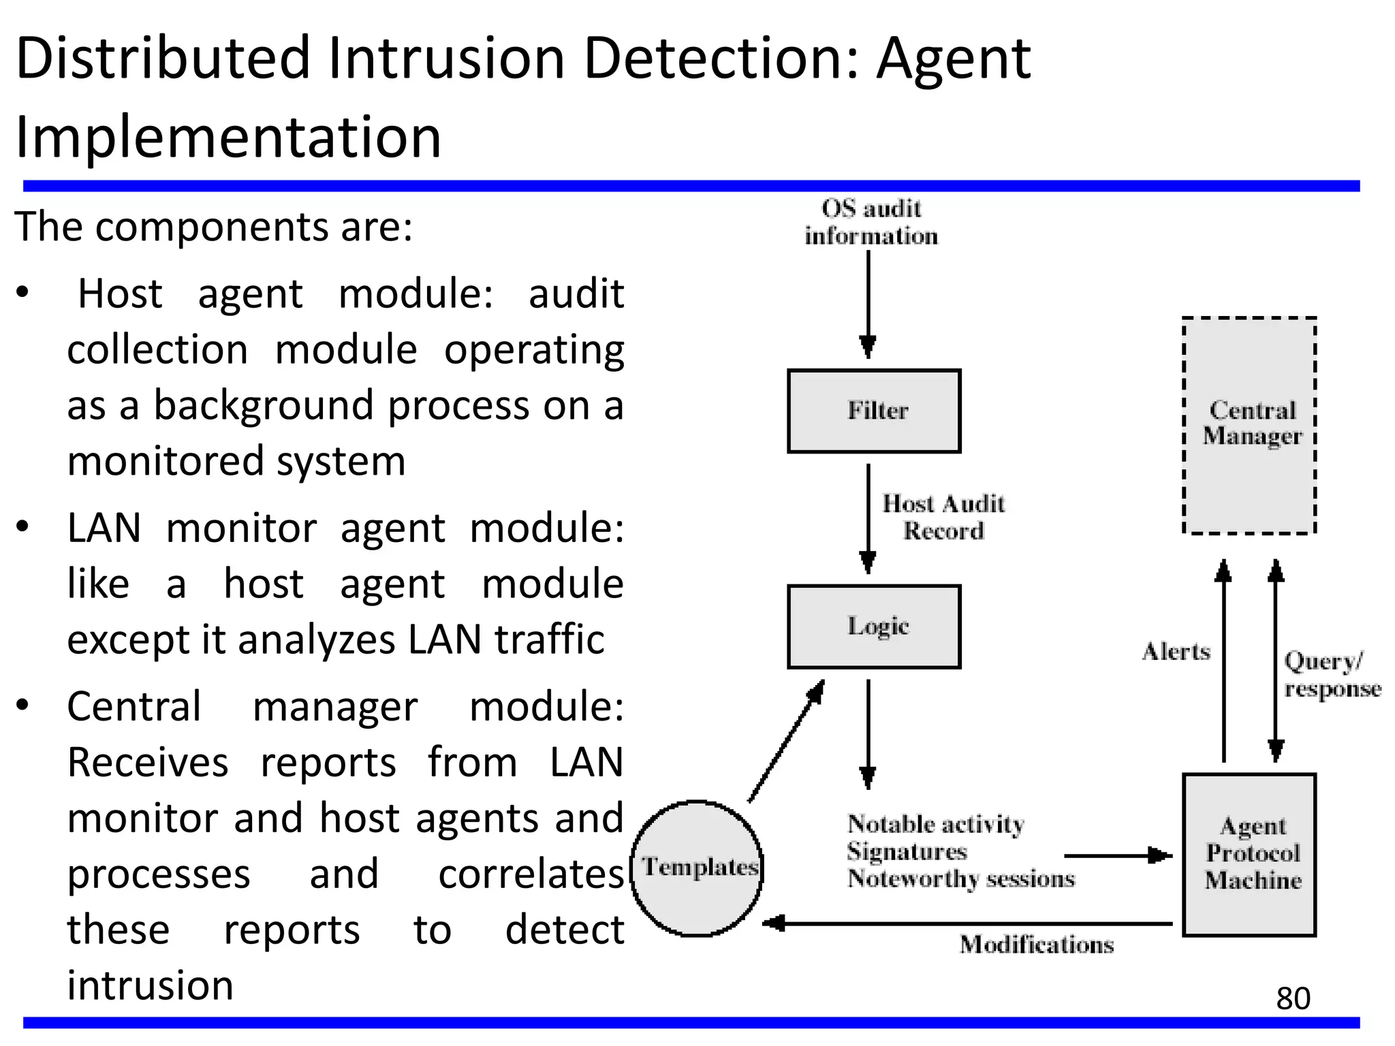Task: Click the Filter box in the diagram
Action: tap(874, 411)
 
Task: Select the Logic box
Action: tap(874, 627)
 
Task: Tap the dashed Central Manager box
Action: tap(1250, 425)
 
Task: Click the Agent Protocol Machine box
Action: tap(1250, 855)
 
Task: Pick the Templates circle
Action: tap(697, 868)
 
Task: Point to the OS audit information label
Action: tap(871, 222)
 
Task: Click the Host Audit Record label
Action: tap(943, 518)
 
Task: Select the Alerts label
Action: tap(1176, 652)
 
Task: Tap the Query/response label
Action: tap(1332, 675)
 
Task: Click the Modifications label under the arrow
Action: tap(1037, 945)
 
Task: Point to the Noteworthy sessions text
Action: tap(960, 879)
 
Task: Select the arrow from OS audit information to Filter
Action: tap(868, 303)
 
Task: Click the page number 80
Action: tap(1293, 999)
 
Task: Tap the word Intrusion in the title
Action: tap(446, 59)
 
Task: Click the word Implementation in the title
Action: tap(228, 138)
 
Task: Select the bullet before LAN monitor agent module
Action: tap(23, 527)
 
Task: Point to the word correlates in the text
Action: tap(530, 874)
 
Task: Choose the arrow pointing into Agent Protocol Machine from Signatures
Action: tap(1117, 855)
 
